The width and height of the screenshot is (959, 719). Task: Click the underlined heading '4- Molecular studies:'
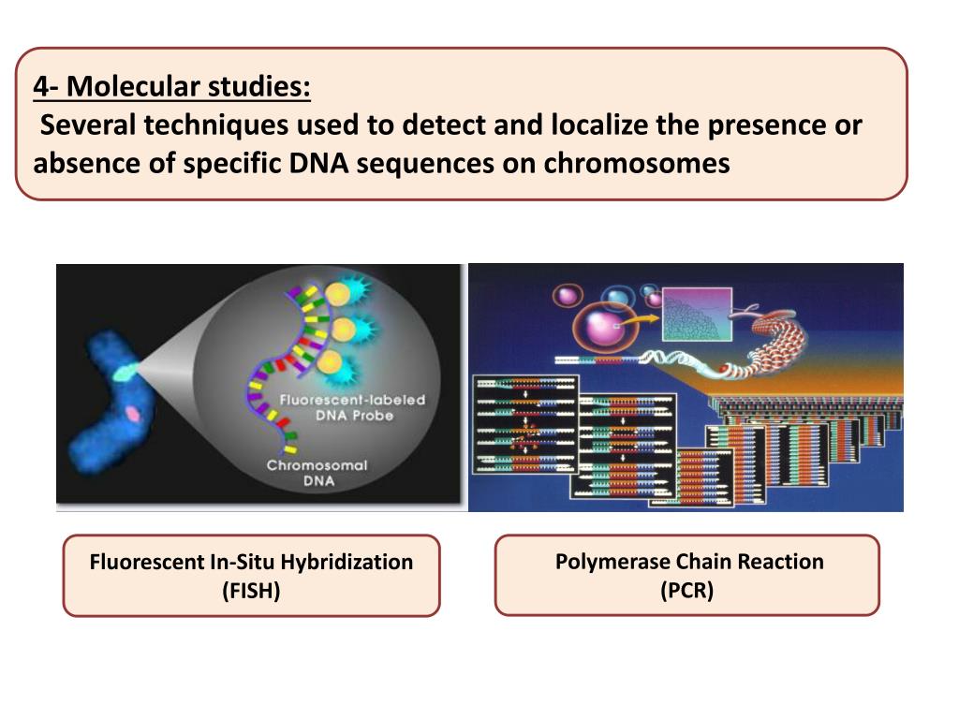pos(171,89)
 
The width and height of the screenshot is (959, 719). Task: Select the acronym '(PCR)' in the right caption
pos(686,590)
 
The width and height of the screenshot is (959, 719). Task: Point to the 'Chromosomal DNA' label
pos(317,473)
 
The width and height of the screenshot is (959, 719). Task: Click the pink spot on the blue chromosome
pos(135,413)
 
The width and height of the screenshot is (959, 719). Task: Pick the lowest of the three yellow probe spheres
pos(329,361)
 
